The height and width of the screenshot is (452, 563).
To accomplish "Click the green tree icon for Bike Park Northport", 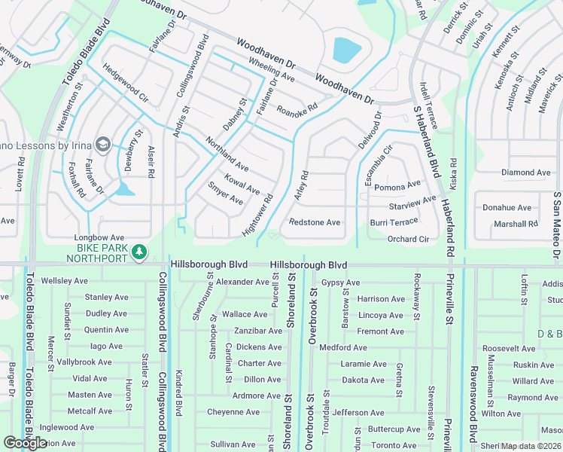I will pos(138,251).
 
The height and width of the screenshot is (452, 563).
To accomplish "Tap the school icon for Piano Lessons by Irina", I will pos(102,144).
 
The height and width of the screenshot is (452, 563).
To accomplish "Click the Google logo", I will pos(25,442).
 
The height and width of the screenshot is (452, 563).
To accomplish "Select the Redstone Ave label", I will pos(315,223).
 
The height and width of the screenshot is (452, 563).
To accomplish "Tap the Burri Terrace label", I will pos(394,223).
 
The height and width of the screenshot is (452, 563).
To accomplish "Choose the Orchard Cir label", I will pos(408,240).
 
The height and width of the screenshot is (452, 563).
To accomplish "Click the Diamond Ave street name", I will pos(526,173).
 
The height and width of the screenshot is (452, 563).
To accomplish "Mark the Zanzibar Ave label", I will pos(258,331).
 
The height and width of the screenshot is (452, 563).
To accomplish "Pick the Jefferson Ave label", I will pos(359,413).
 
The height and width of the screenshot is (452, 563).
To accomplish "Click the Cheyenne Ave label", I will pos(233,412).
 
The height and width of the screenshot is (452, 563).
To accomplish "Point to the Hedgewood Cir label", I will pos(126,87).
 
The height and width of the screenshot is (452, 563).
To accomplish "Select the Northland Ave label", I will pos(227,154).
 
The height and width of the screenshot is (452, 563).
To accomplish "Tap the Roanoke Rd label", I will pos(297,108).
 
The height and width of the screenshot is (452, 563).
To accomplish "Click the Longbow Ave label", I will pos(103,237).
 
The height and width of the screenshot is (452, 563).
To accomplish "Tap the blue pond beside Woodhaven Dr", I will pos(347,50).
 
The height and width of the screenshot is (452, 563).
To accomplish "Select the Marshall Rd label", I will pos(516,224).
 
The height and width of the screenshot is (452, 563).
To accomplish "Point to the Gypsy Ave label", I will pos(340,282).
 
